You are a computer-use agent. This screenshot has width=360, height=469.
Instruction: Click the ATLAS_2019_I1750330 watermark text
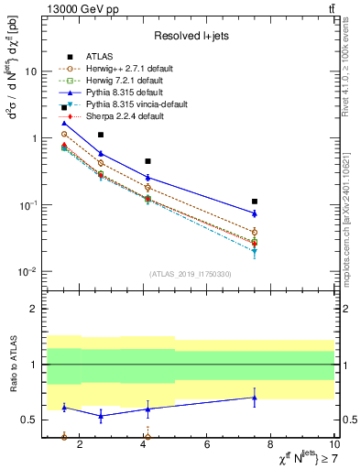click(190, 274)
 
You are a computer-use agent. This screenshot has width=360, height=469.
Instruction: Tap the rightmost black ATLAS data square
click(255, 202)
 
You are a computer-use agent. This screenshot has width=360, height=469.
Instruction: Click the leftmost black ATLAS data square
click(64, 108)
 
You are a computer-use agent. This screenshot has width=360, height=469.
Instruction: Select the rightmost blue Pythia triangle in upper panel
click(255, 213)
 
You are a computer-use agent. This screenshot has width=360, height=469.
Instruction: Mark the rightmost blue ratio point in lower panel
click(255, 397)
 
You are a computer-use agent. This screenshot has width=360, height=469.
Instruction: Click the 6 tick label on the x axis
click(207, 445)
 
